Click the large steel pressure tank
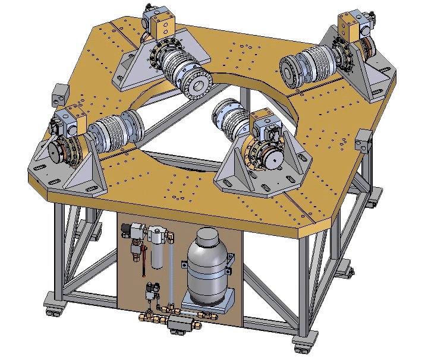pos(208,265)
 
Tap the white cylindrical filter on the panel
pos(159,250)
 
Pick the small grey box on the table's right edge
pos(362,143)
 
